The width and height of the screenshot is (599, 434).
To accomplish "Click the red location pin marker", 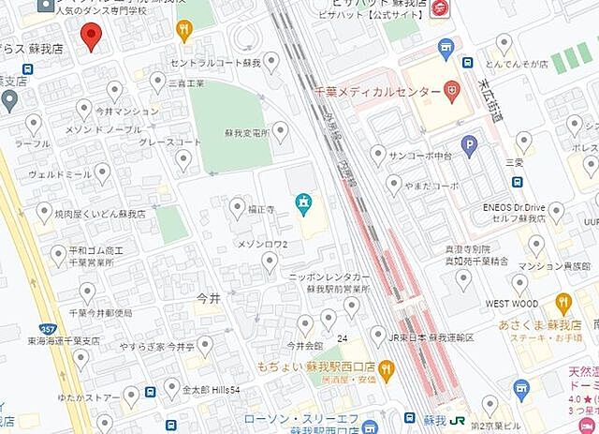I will (90, 37).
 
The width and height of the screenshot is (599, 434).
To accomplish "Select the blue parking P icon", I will (469, 145).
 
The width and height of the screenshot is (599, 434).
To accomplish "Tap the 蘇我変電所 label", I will (247, 132).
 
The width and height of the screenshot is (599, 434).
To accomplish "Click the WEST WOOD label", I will (511, 304).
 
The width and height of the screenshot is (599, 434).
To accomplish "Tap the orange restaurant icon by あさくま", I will (562, 303).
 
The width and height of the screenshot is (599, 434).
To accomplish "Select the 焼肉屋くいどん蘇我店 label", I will (100, 215).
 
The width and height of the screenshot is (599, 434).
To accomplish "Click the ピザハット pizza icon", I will (441, 7).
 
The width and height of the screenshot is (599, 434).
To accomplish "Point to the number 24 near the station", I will (343, 337).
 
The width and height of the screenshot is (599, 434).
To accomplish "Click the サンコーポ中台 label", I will (420, 155).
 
